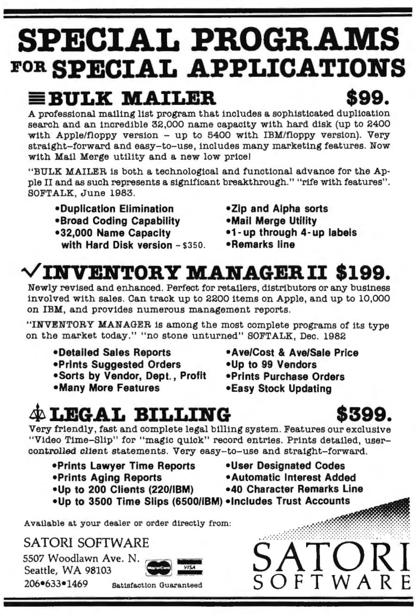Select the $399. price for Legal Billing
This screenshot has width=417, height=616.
(364, 412)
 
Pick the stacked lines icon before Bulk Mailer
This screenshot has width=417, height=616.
(37, 98)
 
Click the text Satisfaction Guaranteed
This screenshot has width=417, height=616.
(157, 584)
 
